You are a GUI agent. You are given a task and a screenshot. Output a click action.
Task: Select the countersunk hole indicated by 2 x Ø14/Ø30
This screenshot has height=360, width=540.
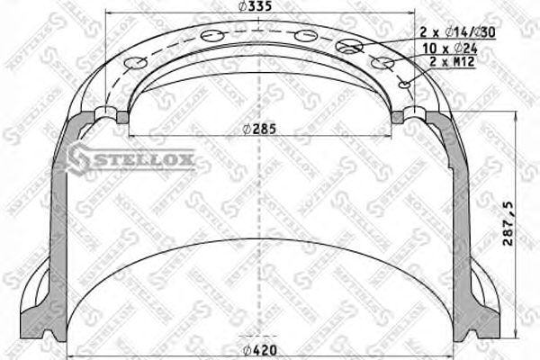click(x=347, y=46)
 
